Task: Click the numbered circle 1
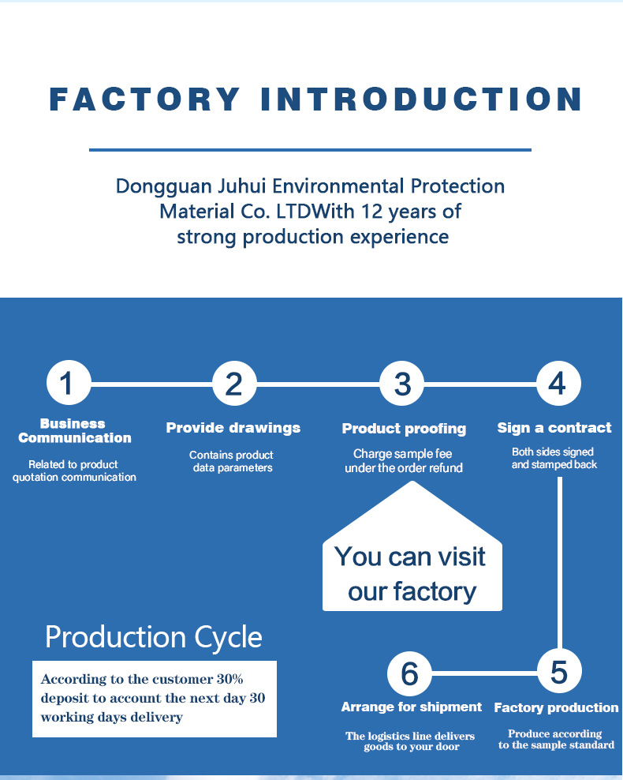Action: point(69,383)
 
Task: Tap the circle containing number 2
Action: point(234,384)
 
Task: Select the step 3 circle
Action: point(402,384)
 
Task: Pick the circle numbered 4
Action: point(558,384)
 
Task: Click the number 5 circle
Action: point(559,672)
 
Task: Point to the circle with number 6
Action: point(409,673)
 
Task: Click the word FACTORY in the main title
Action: point(145,99)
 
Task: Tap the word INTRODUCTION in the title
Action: point(421,99)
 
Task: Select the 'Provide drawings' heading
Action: point(233,428)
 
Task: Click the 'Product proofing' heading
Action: point(404,429)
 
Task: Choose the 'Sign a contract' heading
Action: point(554,428)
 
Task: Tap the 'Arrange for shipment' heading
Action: point(412,707)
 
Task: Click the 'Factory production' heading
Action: point(557,707)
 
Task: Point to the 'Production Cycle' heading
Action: point(154,637)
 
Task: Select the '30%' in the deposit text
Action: point(229,679)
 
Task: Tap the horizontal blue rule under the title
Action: point(311,149)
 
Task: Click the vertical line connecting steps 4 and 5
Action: point(560,563)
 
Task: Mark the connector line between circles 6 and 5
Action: point(484,673)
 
